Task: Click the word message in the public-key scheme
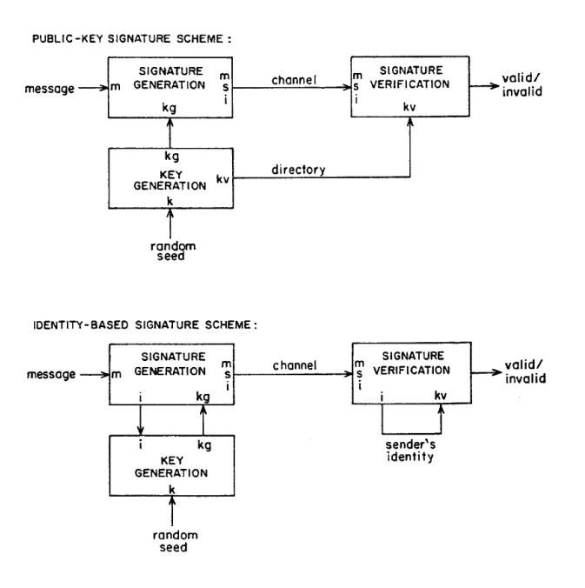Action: (x=53, y=87)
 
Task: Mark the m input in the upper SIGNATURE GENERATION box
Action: (x=115, y=87)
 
